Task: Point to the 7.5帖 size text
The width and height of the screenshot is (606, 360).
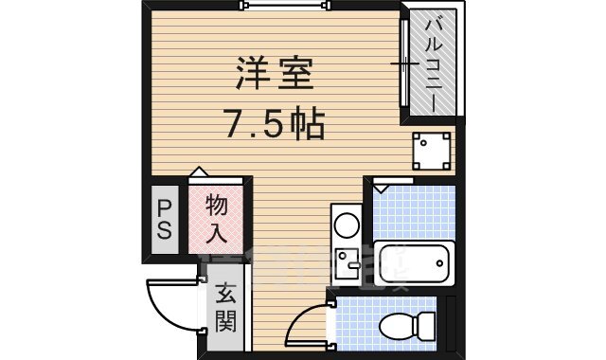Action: pos(275,122)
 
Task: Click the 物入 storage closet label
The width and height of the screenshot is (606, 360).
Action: pos(217,217)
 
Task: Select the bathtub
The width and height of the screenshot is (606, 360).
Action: pos(412,262)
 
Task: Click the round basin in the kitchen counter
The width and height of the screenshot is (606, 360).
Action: pos(347,225)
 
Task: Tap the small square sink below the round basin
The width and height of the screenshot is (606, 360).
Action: pos(346,258)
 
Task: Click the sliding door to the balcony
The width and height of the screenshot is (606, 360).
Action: pos(404,63)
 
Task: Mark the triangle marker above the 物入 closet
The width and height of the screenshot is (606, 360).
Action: pos(198,172)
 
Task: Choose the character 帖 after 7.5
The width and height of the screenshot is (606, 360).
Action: pos(310,122)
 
